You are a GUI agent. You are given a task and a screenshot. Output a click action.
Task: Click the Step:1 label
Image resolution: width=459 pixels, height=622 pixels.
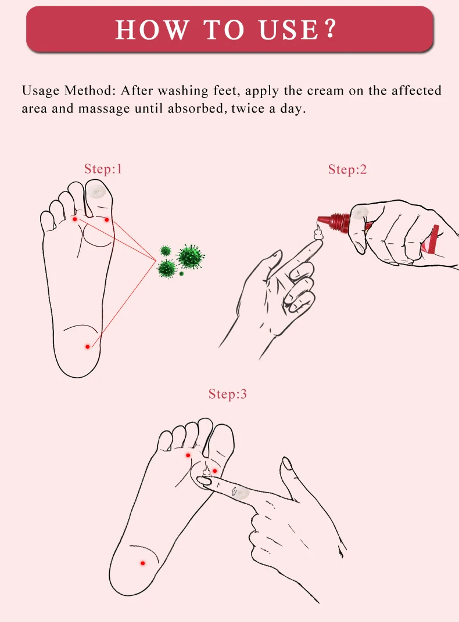(103, 169)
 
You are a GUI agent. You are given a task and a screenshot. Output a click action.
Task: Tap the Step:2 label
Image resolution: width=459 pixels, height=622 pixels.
(347, 169)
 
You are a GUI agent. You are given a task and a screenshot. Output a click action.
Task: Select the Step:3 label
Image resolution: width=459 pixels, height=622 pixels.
(227, 394)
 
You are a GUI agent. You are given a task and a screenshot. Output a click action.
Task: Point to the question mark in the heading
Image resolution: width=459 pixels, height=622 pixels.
(331, 30)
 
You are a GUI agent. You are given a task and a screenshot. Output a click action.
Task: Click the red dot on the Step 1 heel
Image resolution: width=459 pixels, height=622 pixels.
(88, 346)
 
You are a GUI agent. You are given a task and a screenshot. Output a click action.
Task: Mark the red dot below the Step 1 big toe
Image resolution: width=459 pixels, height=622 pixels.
(106, 220)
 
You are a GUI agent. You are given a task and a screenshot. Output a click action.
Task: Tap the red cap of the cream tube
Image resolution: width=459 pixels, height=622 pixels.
(339, 222)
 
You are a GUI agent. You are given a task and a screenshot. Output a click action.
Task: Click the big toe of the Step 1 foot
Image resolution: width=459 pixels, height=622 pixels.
(98, 194)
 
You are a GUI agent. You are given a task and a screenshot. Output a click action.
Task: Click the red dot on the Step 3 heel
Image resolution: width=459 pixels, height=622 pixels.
(142, 563)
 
